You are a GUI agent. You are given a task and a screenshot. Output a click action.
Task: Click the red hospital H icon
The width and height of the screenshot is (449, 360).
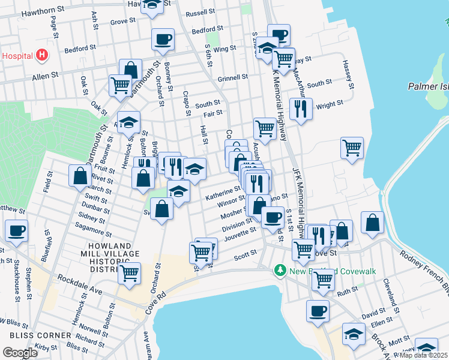click(41, 56)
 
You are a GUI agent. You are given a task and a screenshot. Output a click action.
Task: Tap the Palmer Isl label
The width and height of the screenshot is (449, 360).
click(428, 86)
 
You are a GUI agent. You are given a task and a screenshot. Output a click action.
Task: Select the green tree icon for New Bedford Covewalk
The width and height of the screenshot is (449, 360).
click(279, 271)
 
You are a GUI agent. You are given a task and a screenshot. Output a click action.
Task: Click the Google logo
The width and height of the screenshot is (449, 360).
click(20, 352)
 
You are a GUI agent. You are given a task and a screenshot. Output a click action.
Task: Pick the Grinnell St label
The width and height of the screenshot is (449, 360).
click(233, 77)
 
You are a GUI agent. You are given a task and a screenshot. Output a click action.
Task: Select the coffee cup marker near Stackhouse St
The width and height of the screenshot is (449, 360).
click(16, 230)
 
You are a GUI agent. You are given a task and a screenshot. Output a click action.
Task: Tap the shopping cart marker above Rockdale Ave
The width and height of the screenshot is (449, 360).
click(130, 273)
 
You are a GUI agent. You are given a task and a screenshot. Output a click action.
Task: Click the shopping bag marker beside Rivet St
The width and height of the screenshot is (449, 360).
click(80, 176)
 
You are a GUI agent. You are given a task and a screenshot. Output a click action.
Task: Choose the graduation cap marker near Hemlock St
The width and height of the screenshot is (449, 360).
click(128, 122)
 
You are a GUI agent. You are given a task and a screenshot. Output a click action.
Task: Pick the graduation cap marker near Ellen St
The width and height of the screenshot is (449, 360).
click(354, 334)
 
